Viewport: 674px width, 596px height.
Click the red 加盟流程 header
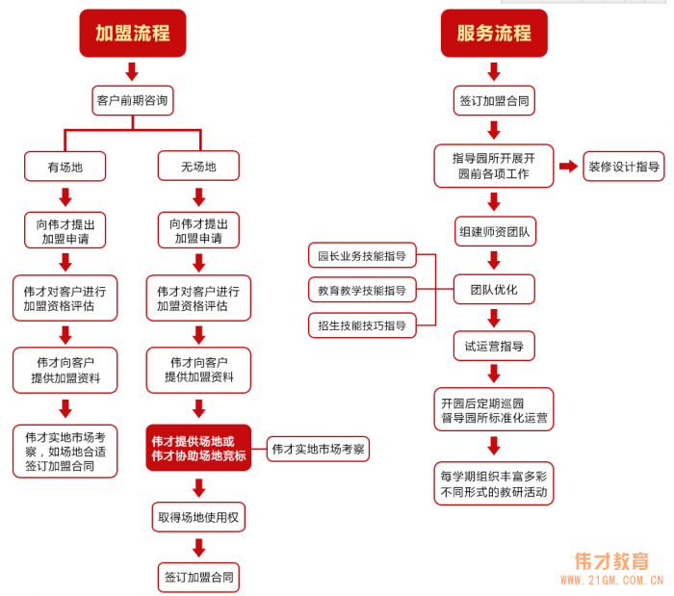(x=132, y=34)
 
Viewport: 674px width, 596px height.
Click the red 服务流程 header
(x=494, y=34)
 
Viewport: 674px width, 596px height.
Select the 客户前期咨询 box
(x=132, y=100)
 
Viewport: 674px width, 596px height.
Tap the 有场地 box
(x=65, y=167)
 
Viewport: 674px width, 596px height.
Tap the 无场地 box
(x=198, y=167)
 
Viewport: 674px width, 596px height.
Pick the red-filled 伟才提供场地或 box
(x=198, y=448)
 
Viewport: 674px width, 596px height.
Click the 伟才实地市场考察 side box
(x=318, y=449)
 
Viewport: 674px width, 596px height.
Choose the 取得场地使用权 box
(x=198, y=517)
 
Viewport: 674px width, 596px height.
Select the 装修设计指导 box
(x=625, y=167)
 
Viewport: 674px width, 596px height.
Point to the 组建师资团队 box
(x=494, y=232)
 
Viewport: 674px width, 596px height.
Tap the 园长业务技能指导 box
(x=361, y=256)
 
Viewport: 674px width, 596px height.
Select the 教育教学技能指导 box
(x=361, y=290)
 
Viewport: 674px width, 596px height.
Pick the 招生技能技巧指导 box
(x=361, y=325)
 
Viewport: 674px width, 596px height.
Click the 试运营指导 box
(x=494, y=345)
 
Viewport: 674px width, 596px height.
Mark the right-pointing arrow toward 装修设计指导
(x=567, y=167)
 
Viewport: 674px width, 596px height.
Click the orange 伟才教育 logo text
(x=611, y=561)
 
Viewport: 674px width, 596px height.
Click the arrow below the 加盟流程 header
(x=132, y=71)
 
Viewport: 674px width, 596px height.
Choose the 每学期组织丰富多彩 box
(x=494, y=484)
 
